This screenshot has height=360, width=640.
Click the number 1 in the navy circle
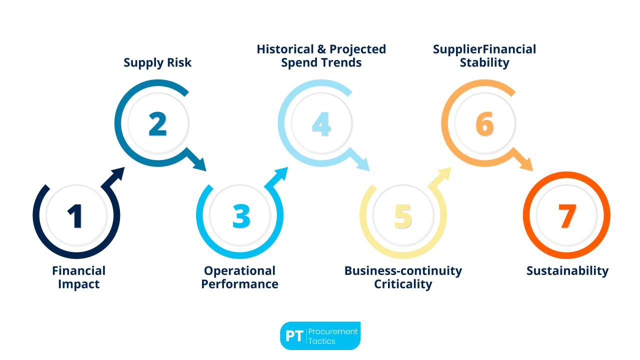(x=75, y=216)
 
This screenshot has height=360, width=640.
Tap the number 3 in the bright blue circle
(x=241, y=216)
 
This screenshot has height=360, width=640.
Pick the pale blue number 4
(x=320, y=124)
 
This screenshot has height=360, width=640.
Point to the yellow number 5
(x=403, y=216)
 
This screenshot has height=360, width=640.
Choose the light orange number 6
(x=484, y=124)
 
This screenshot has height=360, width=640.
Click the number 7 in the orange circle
(x=567, y=216)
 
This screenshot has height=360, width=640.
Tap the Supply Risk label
(x=157, y=62)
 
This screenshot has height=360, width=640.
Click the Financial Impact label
(x=78, y=277)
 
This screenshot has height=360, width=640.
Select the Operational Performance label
(x=240, y=277)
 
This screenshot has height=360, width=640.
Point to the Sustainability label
(x=567, y=271)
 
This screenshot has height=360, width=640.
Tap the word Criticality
(x=403, y=284)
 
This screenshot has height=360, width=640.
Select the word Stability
(x=484, y=62)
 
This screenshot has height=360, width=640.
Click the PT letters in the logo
(x=294, y=336)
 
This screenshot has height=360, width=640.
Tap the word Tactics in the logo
(x=322, y=341)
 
